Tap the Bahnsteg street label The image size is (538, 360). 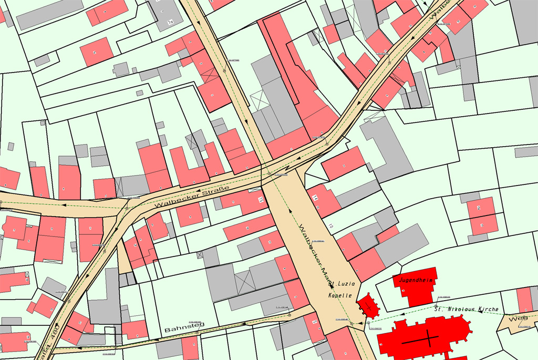click(184, 326)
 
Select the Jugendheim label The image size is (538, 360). click(416, 280)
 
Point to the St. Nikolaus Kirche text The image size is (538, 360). click(465, 310)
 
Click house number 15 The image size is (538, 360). click(261, 200)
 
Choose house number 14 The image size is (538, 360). click(316, 198)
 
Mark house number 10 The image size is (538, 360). click(330, 226)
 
